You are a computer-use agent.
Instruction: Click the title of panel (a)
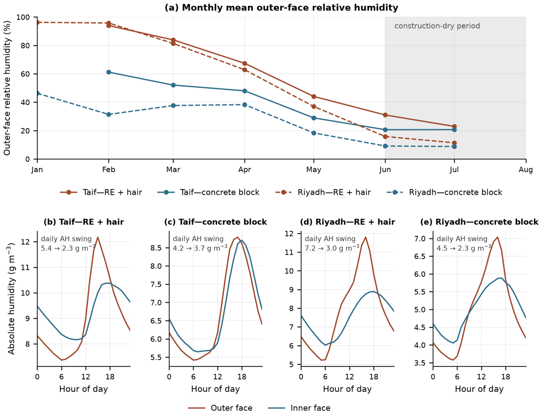(281, 8)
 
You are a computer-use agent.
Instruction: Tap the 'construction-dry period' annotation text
(437, 26)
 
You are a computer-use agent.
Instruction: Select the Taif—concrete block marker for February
(109, 72)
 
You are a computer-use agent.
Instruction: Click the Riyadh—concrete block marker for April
(245, 105)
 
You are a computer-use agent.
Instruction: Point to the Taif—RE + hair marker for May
(314, 97)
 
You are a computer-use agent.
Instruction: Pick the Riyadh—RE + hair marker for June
(385, 137)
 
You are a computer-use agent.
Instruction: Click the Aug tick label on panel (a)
(526, 170)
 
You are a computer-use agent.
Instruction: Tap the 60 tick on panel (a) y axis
(26, 74)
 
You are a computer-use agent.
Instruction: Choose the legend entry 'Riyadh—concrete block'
(444, 192)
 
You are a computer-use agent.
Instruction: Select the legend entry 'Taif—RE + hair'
(101, 192)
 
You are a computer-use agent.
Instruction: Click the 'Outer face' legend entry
(220, 408)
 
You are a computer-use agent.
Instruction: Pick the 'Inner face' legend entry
(299, 408)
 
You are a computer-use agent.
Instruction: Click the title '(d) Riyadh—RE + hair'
(347, 222)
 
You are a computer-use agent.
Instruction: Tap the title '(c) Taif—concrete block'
(216, 222)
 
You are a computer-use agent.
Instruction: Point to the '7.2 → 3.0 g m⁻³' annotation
(332, 248)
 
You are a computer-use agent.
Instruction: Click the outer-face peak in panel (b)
(98, 237)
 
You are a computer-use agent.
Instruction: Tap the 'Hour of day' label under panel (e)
(479, 389)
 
